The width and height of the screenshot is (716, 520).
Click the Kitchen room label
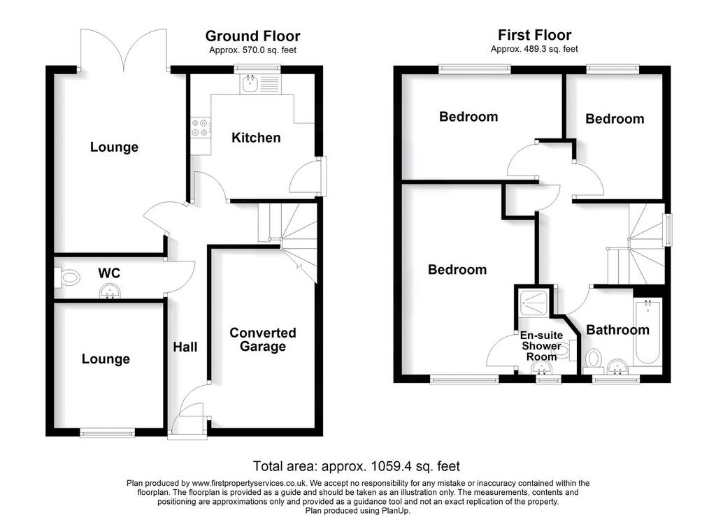point(256,138)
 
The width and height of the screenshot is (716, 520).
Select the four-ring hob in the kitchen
point(201,127)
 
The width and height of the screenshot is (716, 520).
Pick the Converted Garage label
point(263,339)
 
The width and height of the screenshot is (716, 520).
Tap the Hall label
point(185,347)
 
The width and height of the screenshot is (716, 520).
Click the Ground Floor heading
point(252,36)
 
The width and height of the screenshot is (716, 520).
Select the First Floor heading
point(534,35)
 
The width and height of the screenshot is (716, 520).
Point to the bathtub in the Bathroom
point(647,332)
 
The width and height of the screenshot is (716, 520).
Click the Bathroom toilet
point(594,359)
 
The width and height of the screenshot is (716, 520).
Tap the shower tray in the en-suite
point(534,302)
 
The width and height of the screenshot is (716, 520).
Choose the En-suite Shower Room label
point(542,346)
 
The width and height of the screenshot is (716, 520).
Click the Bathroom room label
point(617,330)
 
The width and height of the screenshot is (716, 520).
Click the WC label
point(109,273)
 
